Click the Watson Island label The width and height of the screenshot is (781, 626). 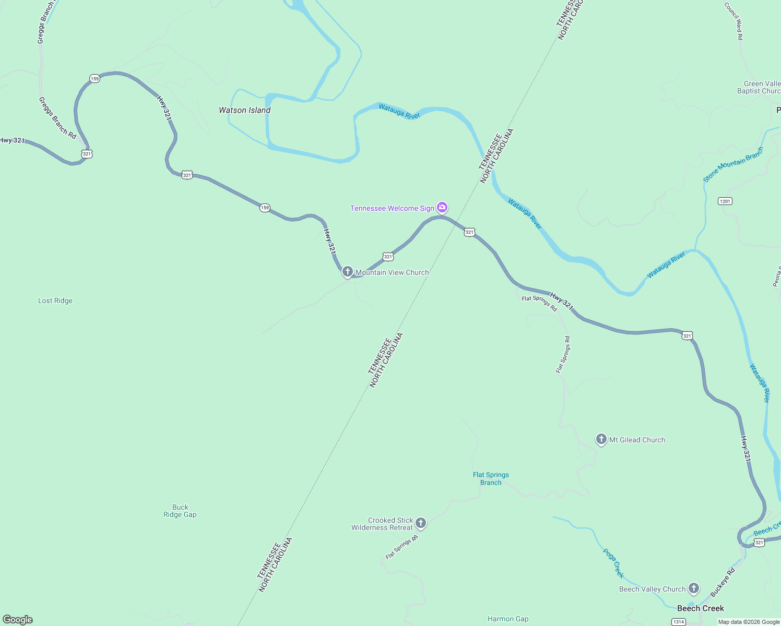point(244,110)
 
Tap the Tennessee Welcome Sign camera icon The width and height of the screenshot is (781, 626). point(442,208)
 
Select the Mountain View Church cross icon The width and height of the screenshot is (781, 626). point(348,272)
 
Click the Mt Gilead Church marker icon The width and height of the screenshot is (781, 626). point(601,439)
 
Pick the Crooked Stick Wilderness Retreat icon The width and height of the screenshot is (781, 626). point(421,523)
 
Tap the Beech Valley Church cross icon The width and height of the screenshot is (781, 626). point(694,588)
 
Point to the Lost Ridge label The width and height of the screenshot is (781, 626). point(55,300)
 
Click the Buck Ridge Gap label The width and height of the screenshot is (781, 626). point(180,511)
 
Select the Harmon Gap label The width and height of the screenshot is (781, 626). point(508,619)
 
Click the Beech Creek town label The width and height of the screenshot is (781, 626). point(700,608)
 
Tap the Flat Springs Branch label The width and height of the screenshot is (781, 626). point(491,478)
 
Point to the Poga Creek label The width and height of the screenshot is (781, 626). point(613,563)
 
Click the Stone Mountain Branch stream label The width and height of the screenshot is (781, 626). point(733,164)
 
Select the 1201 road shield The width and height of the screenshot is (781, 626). point(725,201)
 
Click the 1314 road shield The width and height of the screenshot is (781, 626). point(678,622)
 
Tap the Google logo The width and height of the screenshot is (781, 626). point(18,620)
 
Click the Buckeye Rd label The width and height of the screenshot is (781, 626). point(723,582)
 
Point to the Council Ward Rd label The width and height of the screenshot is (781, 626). point(733,21)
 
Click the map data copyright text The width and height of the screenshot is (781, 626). point(749,622)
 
